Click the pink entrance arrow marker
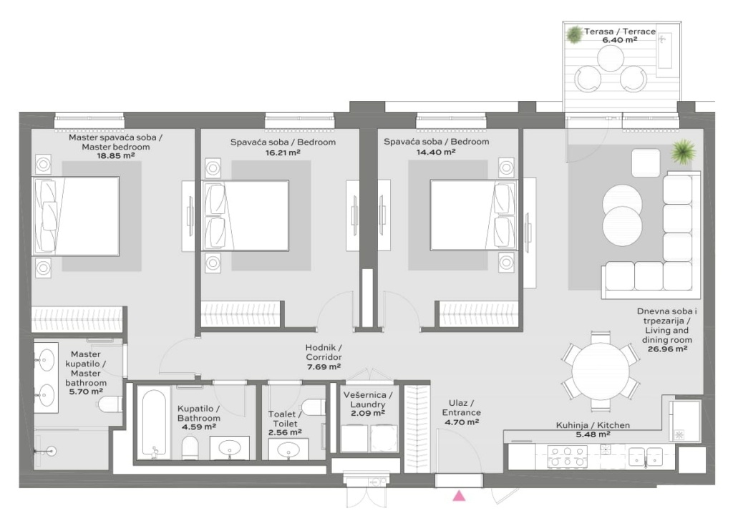460,496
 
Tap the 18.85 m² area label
115,155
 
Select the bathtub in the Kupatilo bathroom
153,424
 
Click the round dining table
601,371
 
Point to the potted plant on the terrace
573,34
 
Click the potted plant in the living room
684,152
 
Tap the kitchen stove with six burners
567,456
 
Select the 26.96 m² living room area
667,349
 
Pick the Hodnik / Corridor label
324,352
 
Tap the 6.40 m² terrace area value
619,40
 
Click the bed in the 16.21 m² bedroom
245,215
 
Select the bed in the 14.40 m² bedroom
472,215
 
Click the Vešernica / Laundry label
368,400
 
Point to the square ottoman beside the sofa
646,162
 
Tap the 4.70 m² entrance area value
462,422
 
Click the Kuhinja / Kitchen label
593,425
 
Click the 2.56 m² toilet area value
285,433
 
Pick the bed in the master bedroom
75,216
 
